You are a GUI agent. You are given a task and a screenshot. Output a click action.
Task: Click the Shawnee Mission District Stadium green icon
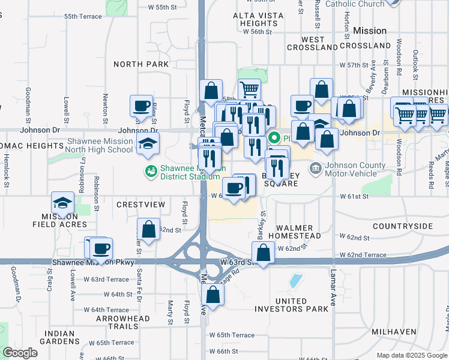click(x=150, y=172)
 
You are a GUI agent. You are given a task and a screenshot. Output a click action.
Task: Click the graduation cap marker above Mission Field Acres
click(x=62, y=203)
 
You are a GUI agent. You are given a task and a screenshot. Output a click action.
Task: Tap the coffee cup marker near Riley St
click(x=142, y=106)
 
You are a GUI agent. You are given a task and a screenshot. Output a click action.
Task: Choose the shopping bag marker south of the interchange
click(x=212, y=294)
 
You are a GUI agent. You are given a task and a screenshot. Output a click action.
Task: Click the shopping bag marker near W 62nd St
click(x=148, y=229)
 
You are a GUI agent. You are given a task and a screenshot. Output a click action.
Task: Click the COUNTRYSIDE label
click(x=402, y=226)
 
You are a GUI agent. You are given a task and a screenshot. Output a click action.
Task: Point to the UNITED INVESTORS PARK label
click(x=292, y=305)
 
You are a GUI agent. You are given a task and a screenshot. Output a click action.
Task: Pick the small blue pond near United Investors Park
click(x=295, y=280)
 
